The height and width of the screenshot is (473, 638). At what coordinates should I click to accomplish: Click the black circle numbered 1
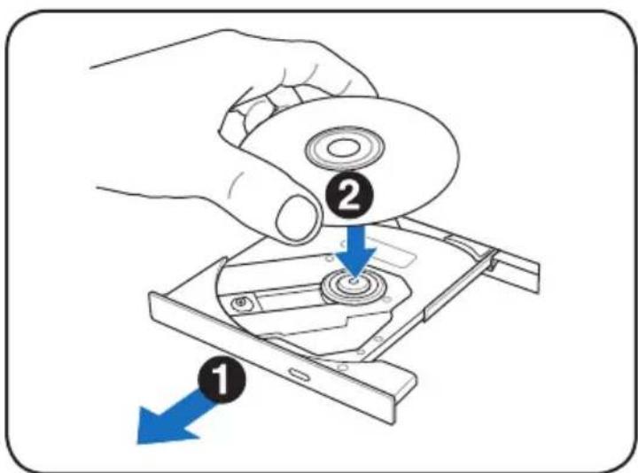(222, 379)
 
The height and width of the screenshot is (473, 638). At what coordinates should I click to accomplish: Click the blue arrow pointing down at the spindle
(356, 251)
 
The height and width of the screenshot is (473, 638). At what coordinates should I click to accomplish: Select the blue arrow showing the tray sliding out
(175, 418)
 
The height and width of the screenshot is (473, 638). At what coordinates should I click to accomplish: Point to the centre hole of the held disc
(344, 148)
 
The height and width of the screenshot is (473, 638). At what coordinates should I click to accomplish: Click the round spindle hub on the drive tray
(354, 286)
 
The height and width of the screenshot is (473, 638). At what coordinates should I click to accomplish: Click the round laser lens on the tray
(241, 303)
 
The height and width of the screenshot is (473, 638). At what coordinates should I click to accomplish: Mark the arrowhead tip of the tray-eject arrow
(137, 443)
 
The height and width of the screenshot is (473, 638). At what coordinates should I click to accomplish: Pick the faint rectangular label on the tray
(391, 254)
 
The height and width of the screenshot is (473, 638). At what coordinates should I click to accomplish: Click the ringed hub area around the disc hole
(344, 147)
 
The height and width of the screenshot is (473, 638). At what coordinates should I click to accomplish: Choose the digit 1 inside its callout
(222, 379)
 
